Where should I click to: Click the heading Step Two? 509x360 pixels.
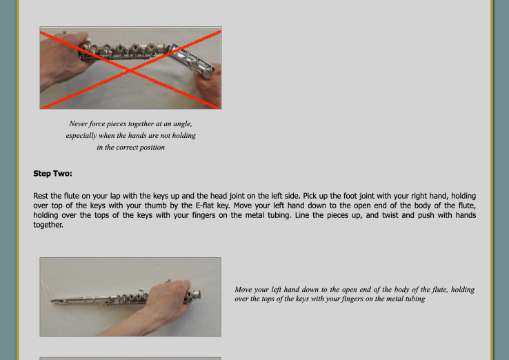(52, 173)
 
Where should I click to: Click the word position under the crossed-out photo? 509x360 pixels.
(152, 148)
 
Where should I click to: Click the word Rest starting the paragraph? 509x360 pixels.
(41, 196)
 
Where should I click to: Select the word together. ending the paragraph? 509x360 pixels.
(48, 225)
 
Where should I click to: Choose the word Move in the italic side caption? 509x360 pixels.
(243, 289)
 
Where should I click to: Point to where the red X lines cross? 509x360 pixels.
(130, 70)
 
